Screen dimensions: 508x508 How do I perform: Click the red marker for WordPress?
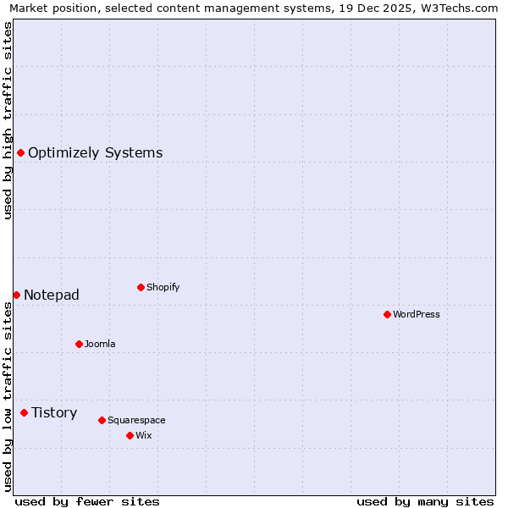tap(387, 314)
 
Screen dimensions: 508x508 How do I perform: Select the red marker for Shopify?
tap(141, 287)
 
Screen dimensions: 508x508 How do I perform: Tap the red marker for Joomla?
tap(79, 344)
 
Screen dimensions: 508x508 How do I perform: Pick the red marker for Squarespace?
tap(102, 420)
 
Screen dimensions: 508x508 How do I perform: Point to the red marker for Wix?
tap(130, 435)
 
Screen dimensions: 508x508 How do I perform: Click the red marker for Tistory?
tap(24, 412)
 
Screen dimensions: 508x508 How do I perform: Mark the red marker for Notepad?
tap(16, 295)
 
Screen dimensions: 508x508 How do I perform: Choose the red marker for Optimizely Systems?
tap(20, 152)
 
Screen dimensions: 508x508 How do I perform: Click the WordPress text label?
tap(417, 314)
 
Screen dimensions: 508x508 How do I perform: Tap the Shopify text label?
tap(163, 287)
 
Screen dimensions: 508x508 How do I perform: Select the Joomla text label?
tap(100, 344)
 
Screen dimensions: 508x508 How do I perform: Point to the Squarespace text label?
tap(136, 420)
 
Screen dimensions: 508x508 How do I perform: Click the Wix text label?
tap(144, 435)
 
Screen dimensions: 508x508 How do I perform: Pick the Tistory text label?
tap(54, 412)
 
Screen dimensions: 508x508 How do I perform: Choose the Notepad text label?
tap(52, 295)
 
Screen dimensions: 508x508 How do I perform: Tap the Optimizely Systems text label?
tap(96, 152)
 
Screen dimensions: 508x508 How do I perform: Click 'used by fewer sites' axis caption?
tap(87, 501)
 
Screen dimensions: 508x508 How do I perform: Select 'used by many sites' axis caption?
tap(425, 501)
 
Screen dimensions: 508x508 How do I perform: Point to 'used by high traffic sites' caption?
tap(8, 120)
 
